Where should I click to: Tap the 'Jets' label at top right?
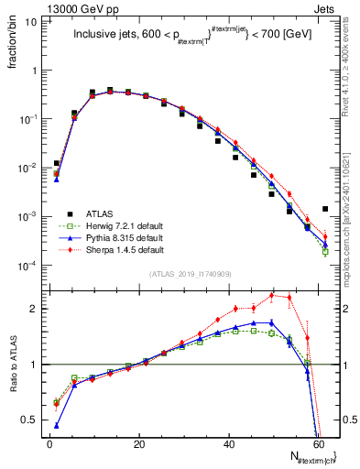click(x=325, y=6)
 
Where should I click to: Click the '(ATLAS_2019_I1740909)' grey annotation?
click(x=191, y=274)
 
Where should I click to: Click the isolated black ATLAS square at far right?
click(x=324, y=209)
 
